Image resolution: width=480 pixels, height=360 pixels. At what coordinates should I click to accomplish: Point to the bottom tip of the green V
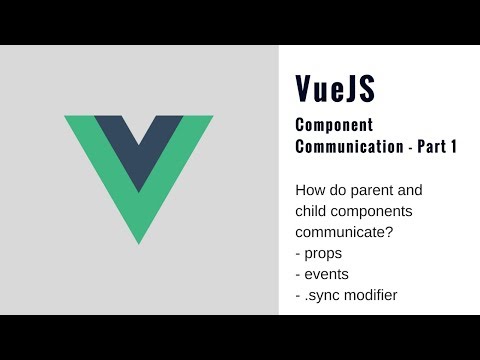(x=139, y=240)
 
